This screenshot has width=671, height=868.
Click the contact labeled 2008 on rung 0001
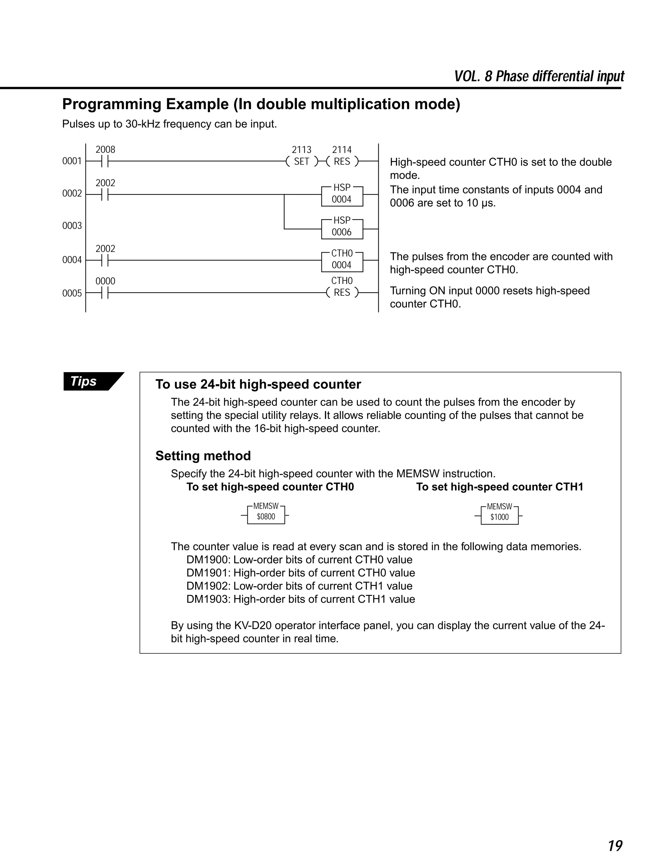[105, 161]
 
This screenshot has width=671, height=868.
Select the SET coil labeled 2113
[302, 161]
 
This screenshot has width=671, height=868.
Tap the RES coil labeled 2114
[342, 161]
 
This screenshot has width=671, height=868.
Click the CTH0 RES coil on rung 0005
[342, 292]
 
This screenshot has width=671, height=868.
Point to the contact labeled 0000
[105, 293]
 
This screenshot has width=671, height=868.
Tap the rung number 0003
[72, 226]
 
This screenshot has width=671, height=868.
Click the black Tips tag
[89, 381]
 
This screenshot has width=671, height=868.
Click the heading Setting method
[203, 456]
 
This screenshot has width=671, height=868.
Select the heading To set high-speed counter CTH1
[499, 487]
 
